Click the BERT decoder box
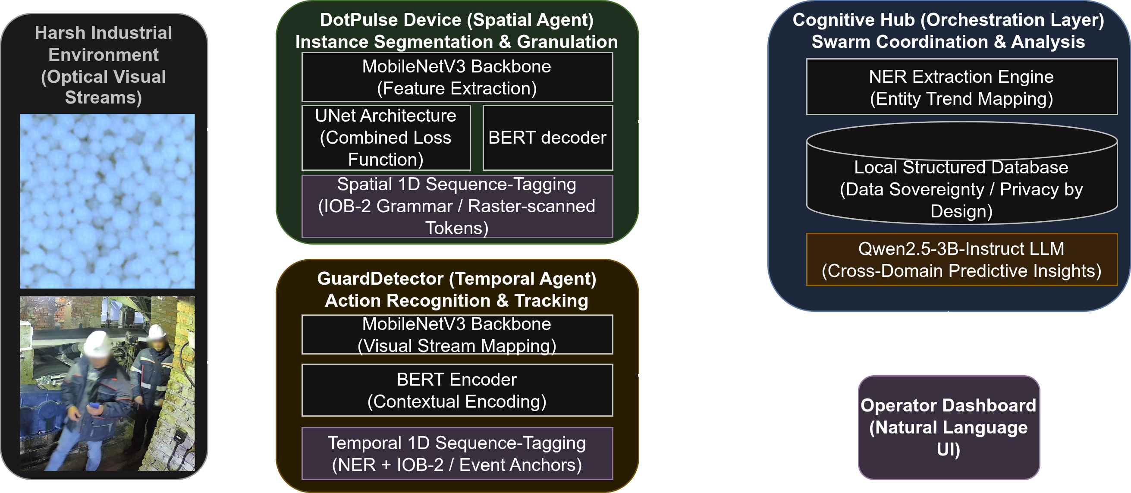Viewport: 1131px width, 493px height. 547,138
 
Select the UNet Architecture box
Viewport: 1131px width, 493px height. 386,138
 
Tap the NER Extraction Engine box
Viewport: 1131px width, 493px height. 961,87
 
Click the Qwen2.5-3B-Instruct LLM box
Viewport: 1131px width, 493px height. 961,260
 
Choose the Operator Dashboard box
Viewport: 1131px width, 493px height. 949,427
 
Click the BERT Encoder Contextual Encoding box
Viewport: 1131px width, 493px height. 457,390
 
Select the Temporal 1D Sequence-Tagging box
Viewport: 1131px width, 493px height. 457,453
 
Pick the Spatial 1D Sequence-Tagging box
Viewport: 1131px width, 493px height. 457,206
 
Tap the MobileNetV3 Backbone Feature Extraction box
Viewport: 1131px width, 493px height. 457,77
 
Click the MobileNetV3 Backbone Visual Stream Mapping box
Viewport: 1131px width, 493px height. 457,335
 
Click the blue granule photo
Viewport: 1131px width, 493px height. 107,201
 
